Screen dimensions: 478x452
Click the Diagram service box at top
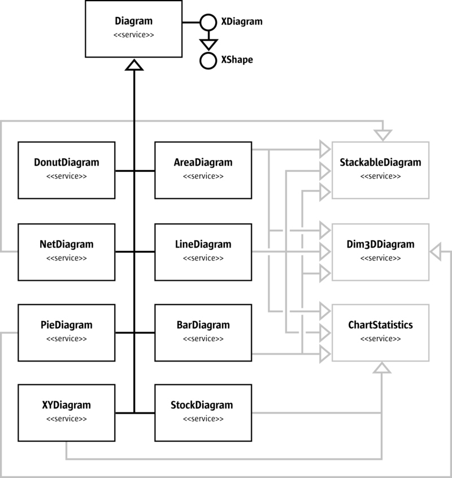click(x=134, y=28)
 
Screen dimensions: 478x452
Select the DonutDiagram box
click(x=67, y=170)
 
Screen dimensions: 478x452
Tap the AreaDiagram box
click(x=203, y=170)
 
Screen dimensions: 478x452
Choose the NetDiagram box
click(x=67, y=251)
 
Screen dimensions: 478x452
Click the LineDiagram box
click(x=203, y=251)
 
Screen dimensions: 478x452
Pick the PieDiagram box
click(x=67, y=332)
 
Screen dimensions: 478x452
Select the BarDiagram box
click(x=203, y=332)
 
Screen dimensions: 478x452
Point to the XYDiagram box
click(x=67, y=412)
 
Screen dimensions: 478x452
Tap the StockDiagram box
click(x=203, y=412)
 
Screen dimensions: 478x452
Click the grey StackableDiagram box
click(x=380, y=170)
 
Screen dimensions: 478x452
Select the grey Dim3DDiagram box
click(x=380, y=251)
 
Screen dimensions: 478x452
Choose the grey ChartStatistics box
click(x=380, y=332)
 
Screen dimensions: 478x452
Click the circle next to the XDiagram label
click(x=208, y=22)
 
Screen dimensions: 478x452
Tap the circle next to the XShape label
click(x=208, y=60)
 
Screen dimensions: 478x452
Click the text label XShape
click(x=237, y=60)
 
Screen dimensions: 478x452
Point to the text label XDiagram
click(x=242, y=22)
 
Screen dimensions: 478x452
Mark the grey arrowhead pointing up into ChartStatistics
click(x=383, y=368)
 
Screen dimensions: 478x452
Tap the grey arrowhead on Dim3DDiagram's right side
click(x=436, y=251)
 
